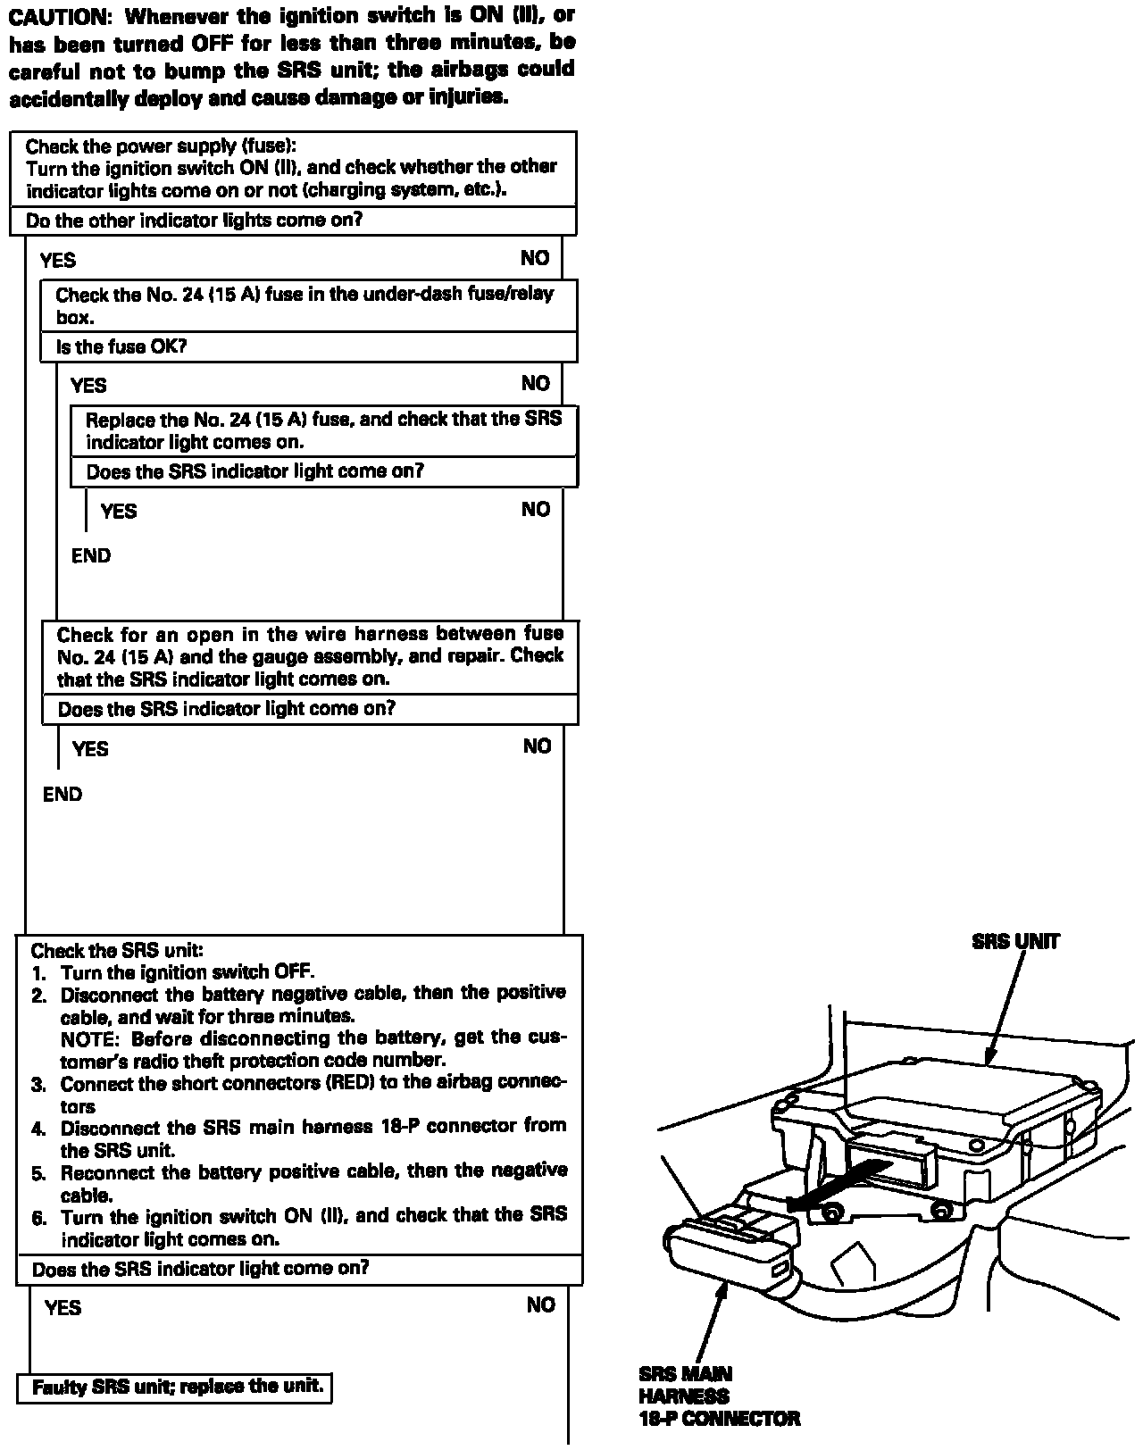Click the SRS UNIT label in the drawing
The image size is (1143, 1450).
click(x=1015, y=941)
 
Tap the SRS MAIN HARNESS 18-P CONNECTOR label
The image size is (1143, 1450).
click(x=718, y=1396)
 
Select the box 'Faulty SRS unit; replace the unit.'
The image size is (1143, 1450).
click(x=175, y=1387)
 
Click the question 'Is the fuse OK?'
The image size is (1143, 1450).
click(x=121, y=347)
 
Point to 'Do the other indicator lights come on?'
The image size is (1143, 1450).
click(x=194, y=221)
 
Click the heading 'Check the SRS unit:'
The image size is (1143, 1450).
click(x=117, y=951)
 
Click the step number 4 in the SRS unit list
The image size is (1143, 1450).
click(x=38, y=1129)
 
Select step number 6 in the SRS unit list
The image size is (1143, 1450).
click(x=38, y=1218)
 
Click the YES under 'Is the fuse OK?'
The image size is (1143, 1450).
click(x=88, y=386)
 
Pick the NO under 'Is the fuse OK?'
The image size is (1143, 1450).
click(x=536, y=384)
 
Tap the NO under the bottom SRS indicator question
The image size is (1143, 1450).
click(x=541, y=1305)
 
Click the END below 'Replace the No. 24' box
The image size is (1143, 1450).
click(x=91, y=556)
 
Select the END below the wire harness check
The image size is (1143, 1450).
click(x=63, y=795)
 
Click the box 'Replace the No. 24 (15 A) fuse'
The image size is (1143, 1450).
click(x=323, y=430)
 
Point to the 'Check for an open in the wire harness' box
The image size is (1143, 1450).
click(x=310, y=656)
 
